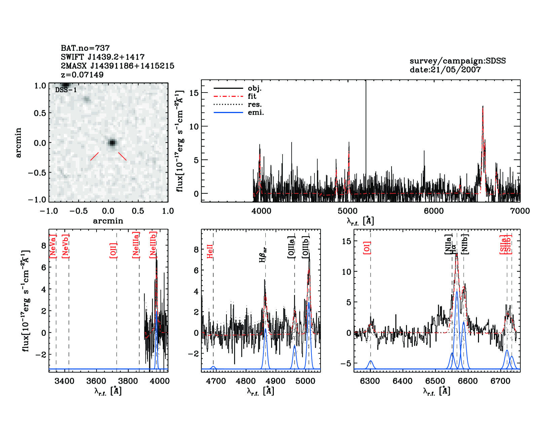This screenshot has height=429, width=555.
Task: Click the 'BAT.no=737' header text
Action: coord(85,48)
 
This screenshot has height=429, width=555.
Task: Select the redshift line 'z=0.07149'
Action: coord(82,75)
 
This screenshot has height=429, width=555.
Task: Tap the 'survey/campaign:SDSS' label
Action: coord(457,61)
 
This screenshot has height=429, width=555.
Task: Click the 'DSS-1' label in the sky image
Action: coord(66,90)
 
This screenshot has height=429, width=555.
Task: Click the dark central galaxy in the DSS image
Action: coord(112,143)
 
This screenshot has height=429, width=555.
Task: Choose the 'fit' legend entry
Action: coord(252,97)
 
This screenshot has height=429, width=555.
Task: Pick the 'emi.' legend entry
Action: coord(256,113)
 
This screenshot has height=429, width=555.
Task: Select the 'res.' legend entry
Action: coord(255,105)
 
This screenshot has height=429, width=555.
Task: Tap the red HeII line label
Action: coord(210,251)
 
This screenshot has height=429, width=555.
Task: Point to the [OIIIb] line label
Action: coord(306,247)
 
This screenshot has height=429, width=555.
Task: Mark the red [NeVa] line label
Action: coord(53,247)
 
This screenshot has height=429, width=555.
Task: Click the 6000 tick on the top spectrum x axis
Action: coord(434,211)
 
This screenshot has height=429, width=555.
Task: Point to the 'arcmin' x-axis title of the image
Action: coord(108,221)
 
